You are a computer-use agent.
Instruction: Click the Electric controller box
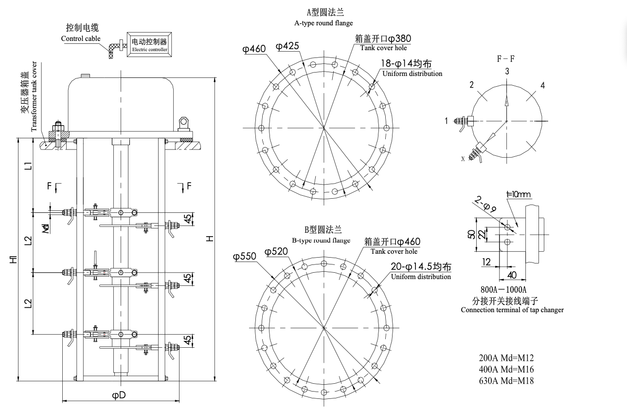click(149, 44)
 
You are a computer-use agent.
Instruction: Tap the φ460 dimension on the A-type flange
click(254, 49)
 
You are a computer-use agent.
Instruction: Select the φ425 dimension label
click(287, 46)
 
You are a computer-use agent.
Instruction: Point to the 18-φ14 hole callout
click(406, 64)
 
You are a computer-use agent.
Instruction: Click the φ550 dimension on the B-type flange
click(245, 256)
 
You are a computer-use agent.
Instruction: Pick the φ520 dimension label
click(276, 251)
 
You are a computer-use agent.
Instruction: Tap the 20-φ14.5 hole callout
click(421, 266)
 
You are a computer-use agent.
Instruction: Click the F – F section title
click(505, 59)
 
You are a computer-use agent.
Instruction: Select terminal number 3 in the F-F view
click(507, 72)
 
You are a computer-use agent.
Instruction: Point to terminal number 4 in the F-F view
click(542, 85)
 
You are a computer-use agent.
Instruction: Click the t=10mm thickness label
click(519, 194)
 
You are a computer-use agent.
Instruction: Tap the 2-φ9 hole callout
click(485, 204)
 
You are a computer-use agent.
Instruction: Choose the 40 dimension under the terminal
click(512, 275)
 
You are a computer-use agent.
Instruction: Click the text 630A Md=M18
click(506, 381)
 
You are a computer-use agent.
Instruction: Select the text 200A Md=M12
click(506, 358)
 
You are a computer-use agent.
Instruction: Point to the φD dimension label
click(119, 395)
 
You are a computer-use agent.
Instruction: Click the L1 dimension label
click(28, 166)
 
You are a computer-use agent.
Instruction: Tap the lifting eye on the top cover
click(183, 124)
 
